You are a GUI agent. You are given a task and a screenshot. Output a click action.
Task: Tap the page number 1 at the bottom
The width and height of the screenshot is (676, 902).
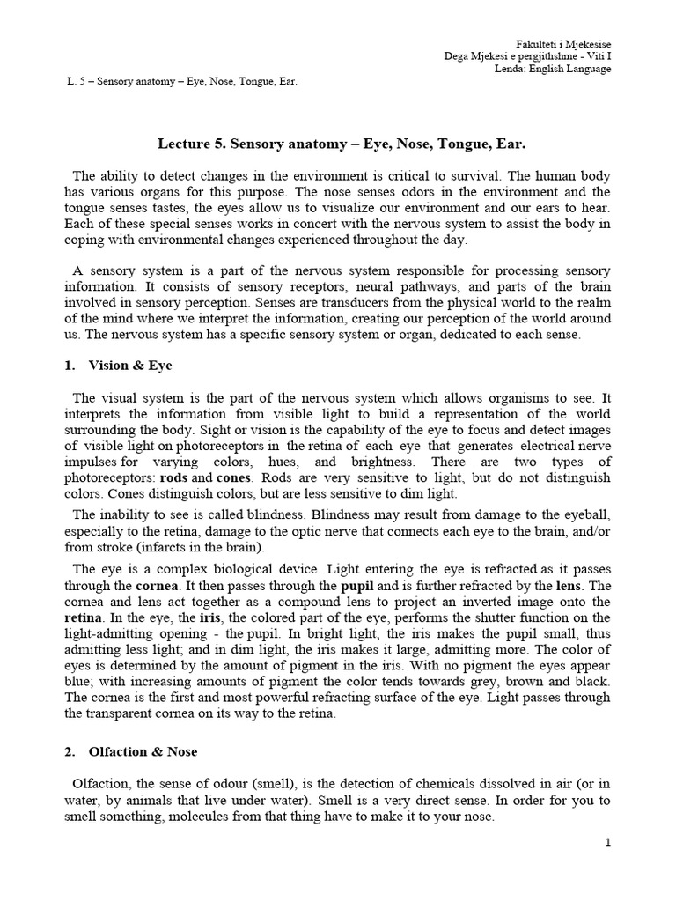coord(607,843)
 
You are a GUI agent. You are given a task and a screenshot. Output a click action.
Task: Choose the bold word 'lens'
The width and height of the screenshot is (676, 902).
coord(568,585)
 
